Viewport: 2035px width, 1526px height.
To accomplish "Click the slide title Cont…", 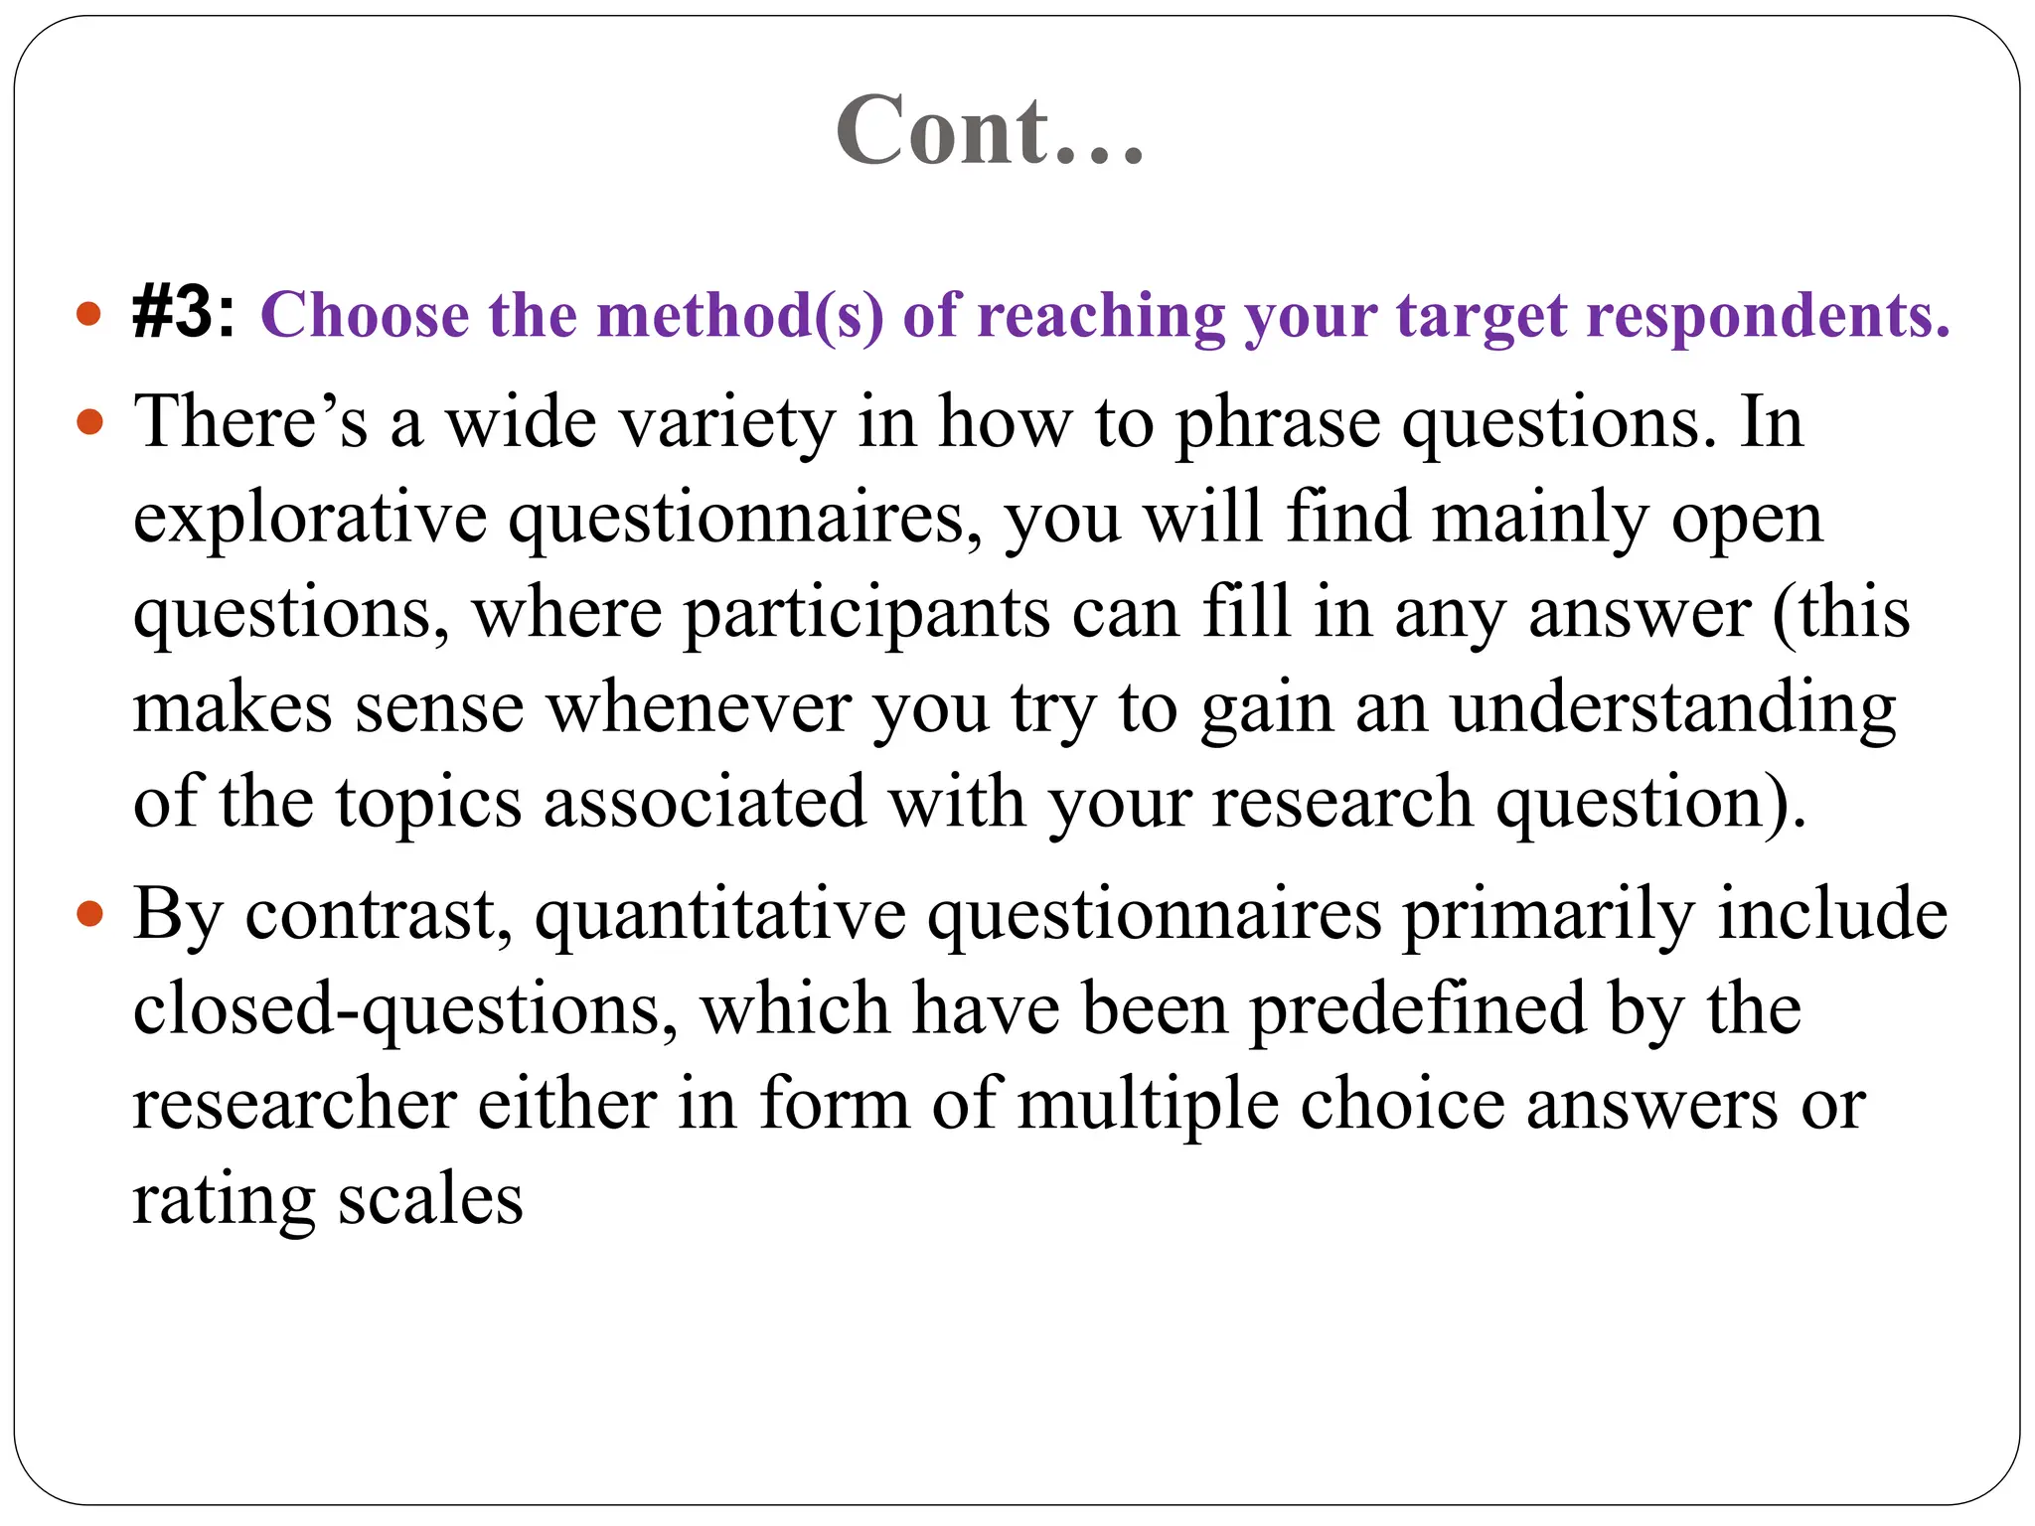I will (990, 131).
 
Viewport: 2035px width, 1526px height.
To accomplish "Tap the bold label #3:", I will (185, 314).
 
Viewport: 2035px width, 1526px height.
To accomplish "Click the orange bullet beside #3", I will (89, 315).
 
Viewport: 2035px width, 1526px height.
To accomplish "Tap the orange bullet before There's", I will (89, 424).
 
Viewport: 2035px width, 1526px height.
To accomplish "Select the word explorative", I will (310, 519).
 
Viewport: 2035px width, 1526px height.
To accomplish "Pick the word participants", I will (866, 614).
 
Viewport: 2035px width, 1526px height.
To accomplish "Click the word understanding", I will (1672, 709).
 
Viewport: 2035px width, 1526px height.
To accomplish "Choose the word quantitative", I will (720, 915).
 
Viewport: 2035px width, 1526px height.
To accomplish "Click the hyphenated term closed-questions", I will (405, 1010).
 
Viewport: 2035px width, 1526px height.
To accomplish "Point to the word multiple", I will (1149, 1105).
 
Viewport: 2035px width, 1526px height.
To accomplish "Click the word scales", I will (430, 1200).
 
